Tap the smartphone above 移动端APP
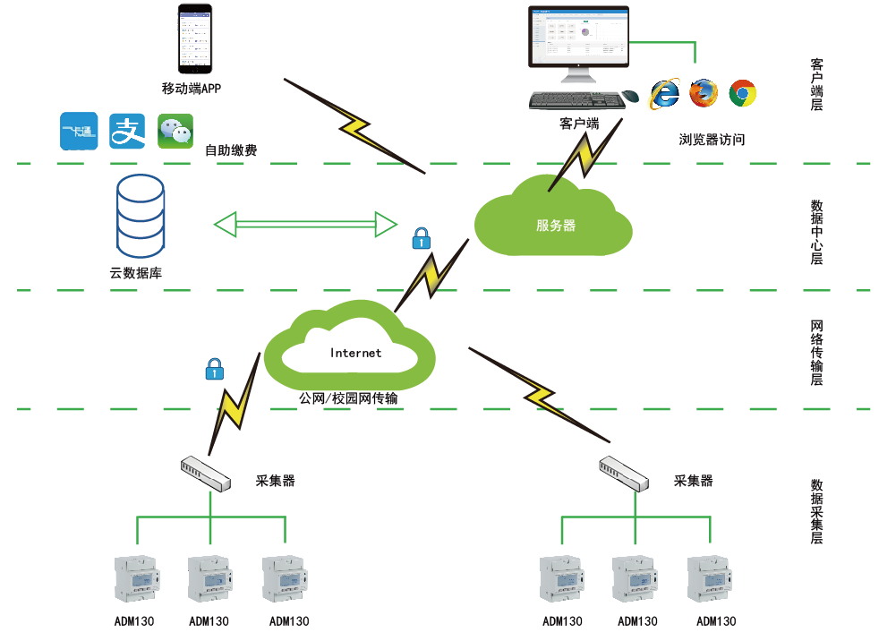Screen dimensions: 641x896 click(x=197, y=40)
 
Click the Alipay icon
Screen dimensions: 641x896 click(x=127, y=132)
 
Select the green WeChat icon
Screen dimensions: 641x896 click(x=175, y=132)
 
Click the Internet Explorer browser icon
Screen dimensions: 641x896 click(x=665, y=93)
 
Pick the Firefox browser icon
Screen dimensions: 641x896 click(x=704, y=93)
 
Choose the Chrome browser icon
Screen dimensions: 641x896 click(x=743, y=93)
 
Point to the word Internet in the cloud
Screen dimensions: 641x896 click(x=355, y=353)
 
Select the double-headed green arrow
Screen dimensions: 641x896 click(x=305, y=223)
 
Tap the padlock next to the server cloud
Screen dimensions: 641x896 click(x=421, y=238)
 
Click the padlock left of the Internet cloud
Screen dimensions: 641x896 click(x=214, y=368)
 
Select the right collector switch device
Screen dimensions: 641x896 click(x=623, y=473)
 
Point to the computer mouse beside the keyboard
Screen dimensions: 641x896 click(x=630, y=96)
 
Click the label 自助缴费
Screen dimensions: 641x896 click(x=231, y=150)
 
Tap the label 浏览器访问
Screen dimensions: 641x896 click(x=712, y=140)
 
